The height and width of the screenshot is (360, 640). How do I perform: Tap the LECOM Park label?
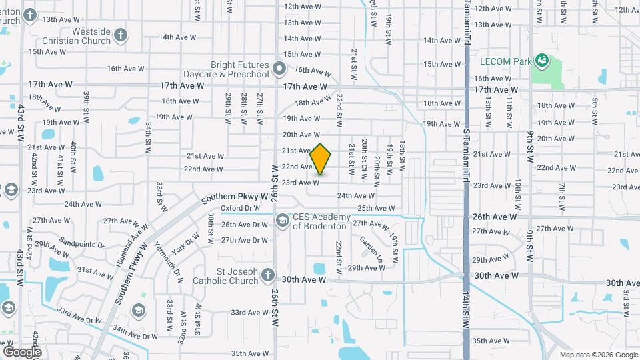[505, 62]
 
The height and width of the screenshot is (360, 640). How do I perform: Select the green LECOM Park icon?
[542, 61]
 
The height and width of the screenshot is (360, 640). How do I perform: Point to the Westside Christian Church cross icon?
[121, 34]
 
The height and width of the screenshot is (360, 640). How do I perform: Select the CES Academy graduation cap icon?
[282, 220]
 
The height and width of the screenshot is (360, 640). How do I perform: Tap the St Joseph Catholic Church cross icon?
[267, 275]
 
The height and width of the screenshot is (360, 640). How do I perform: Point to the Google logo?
[22, 351]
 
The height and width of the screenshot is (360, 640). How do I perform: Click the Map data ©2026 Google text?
[598, 355]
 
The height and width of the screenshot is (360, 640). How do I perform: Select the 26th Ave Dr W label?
[245, 225]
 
